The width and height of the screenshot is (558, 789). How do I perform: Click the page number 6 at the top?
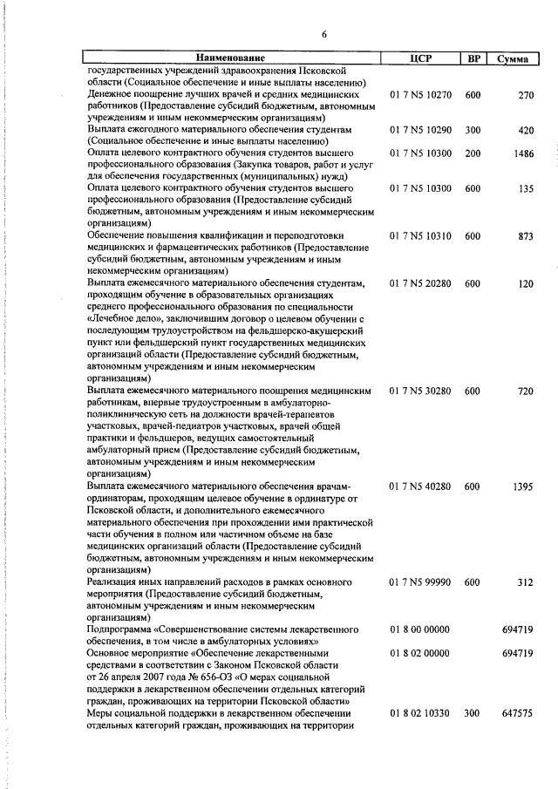[x=323, y=35]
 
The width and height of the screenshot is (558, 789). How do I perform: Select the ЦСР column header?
[x=420, y=58]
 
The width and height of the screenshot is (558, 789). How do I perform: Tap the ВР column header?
[x=473, y=58]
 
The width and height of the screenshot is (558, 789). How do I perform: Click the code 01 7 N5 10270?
[x=420, y=94]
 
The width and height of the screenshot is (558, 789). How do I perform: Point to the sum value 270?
[x=524, y=94]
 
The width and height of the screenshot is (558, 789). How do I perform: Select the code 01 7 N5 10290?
[x=420, y=129]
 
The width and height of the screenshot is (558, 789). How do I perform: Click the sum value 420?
[x=524, y=129]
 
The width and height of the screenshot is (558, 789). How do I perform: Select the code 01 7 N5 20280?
[x=420, y=283]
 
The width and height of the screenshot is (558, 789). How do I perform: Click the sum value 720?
[x=524, y=391]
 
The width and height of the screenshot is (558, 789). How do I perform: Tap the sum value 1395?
[x=521, y=486]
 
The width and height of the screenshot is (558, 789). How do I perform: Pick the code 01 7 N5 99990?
[x=420, y=581]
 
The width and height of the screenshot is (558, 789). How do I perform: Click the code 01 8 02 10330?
[x=420, y=712]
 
